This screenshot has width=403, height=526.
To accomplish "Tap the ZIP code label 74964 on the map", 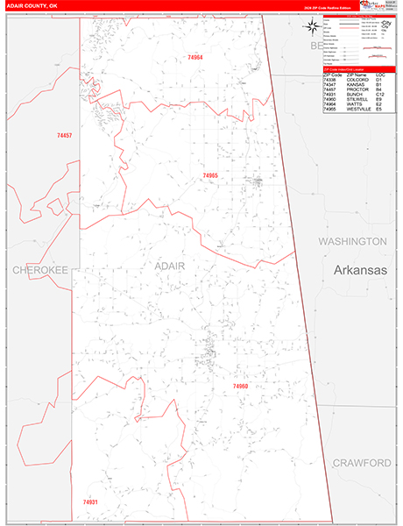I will point(194,57).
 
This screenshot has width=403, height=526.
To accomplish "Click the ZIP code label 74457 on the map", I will point(64,136).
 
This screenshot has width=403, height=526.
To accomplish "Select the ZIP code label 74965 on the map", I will point(210,175).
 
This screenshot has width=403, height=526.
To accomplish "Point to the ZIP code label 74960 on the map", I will point(241,386).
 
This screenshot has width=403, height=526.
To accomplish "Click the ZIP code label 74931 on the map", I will point(91,501).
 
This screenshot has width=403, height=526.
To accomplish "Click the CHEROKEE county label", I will point(39,271).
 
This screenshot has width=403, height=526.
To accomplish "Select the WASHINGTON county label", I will point(352,241).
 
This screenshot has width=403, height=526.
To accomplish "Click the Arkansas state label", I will point(360,271).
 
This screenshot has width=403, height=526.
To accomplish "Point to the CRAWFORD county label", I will point(361,462).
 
